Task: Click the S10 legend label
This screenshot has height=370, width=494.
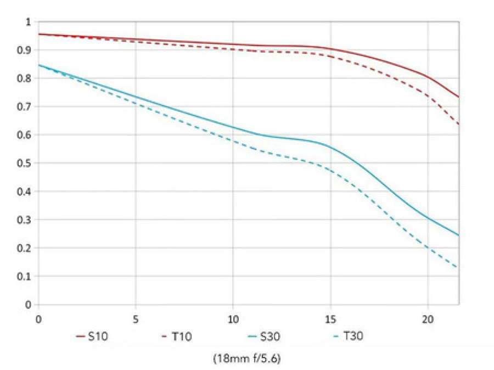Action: tap(99, 336)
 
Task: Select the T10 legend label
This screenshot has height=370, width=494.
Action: tap(181, 336)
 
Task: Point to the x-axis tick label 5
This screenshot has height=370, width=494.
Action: tap(136, 318)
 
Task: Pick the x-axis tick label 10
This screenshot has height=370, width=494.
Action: tap(233, 318)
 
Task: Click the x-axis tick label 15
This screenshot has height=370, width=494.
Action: tap(330, 318)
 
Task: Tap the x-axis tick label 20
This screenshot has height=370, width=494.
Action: tap(427, 318)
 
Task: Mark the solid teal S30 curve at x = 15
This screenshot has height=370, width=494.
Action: tap(330, 146)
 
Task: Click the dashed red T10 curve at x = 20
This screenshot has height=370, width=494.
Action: tap(427, 94)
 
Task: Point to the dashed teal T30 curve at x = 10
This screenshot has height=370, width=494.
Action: tap(233, 141)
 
